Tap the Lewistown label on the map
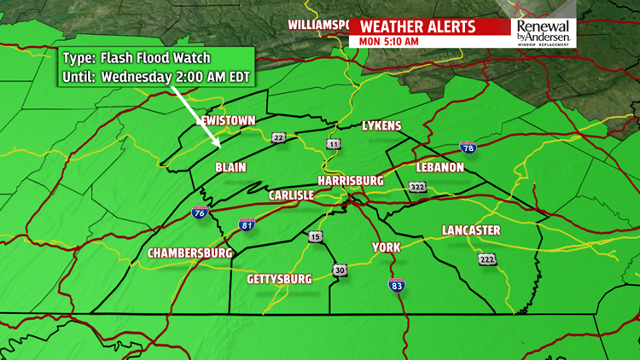click(225, 121)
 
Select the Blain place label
click(230, 167)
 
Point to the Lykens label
click(381, 126)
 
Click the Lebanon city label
click(439, 167)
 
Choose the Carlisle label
click(291, 195)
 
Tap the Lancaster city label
click(471, 230)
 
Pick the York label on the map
click(386, 247)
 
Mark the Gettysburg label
click(279, 279)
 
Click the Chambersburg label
click(190, 253)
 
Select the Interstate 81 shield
click(247, 225)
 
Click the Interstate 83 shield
click(396, 286)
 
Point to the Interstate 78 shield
click(468, 148)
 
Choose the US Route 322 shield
click(417, 187)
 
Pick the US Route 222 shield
click(486, 259)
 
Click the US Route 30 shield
click(340, 270)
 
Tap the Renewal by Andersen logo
click(544, 32)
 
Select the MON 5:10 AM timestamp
click(389, 41)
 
